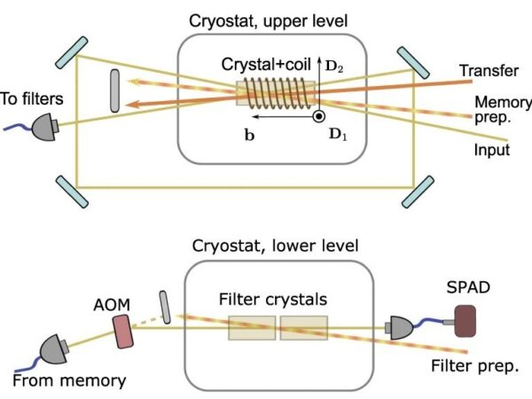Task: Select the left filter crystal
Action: [x=252, y=329]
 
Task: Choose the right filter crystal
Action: [x=304, y=329]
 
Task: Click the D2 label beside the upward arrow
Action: [x=332, y=64]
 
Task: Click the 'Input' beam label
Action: [x=490, y=151]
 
